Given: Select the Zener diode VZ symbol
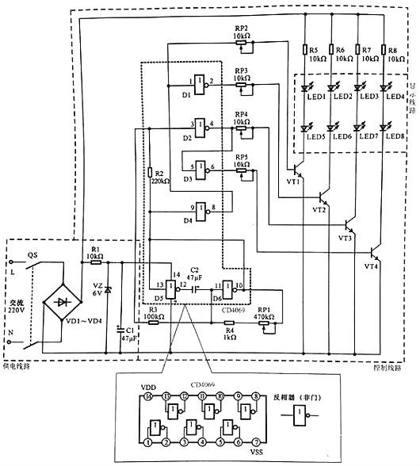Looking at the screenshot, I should coord(109,291).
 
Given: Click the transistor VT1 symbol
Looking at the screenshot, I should coord(296,170).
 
